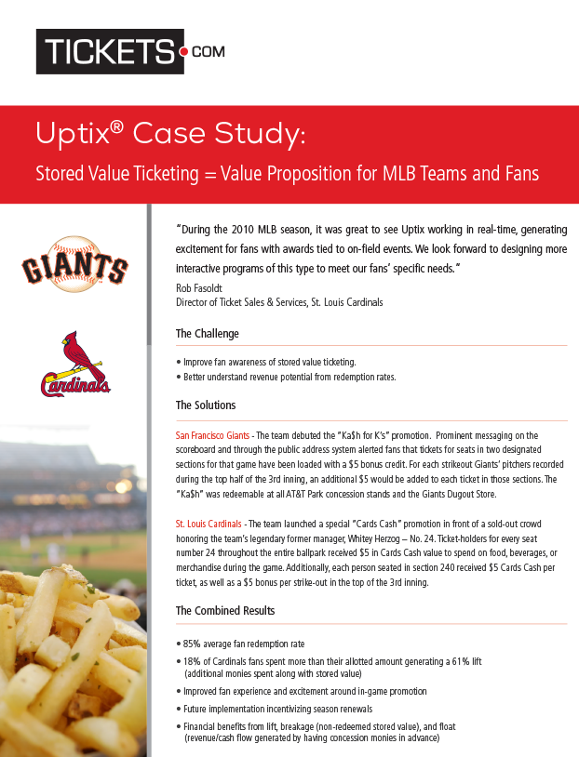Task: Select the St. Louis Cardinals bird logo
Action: [74, 365]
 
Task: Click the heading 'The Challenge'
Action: [207, 334]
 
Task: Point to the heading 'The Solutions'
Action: [206, 405]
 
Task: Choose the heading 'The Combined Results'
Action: [226, 611]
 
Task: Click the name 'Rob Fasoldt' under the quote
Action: [199, 288]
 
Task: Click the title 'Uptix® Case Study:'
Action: [169, 136]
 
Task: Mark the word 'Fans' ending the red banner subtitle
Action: [518, 174]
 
